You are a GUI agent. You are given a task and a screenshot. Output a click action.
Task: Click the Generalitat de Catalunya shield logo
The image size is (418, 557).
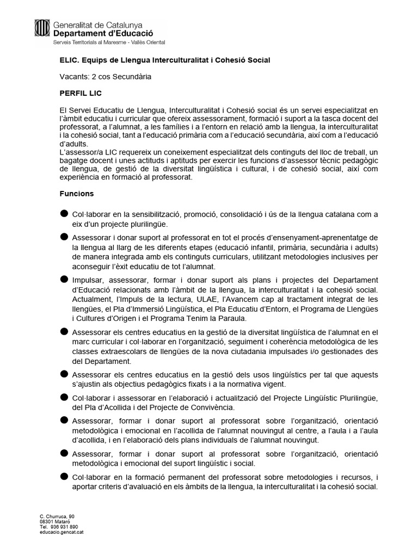42,28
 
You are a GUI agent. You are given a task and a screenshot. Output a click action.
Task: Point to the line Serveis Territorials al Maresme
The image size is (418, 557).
109,42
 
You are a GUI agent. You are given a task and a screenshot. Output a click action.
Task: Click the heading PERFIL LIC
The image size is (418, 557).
80,94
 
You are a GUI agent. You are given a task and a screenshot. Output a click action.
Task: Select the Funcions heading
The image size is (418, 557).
76,194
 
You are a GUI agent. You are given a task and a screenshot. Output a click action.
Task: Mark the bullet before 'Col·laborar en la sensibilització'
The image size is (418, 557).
64,213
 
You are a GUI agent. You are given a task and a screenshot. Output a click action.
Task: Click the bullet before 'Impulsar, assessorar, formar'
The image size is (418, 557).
64,278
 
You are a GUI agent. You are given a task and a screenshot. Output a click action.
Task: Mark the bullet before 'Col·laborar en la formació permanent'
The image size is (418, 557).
64,476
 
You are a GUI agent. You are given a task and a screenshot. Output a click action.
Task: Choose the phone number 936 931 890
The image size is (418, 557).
64,527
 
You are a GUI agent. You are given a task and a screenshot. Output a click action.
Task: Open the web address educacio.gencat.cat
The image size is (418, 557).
62,532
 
